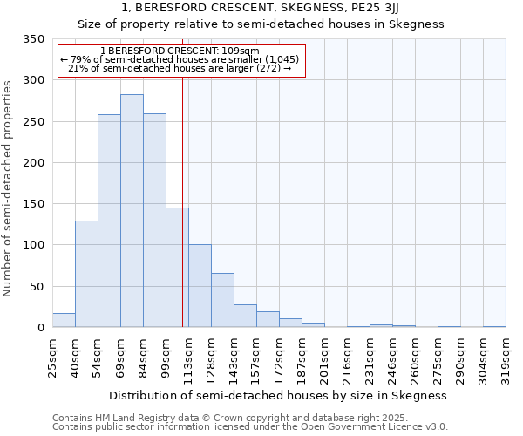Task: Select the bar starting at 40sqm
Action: [86, 274]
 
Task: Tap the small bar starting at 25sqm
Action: [64, 320]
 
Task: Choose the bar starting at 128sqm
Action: [222, 301]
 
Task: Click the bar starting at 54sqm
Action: [109, 221]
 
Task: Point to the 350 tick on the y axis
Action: [34, 39]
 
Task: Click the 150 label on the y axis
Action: [34, 204]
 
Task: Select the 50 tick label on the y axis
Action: [37, 287]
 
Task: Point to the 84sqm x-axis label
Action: [144, 358]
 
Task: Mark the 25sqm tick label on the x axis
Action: [53, 358]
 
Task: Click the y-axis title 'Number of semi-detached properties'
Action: [9, 188]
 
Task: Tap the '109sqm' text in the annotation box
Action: [240, 51]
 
